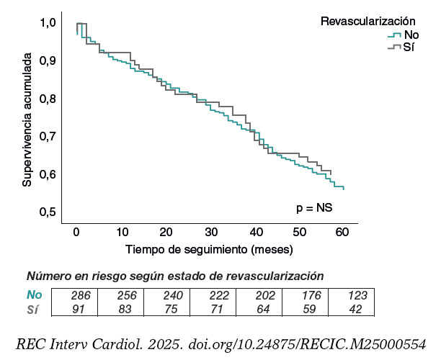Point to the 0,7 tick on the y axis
(47, 136)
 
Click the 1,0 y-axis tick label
(47, 23)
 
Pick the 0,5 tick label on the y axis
(47, 212)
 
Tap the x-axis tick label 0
(76, 232)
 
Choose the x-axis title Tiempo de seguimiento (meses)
(208, 250)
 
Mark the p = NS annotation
(314, 207)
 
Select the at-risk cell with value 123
(357, 295)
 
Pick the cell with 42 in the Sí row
(357, 309)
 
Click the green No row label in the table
(35, 295)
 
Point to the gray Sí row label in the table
(32, 309)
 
